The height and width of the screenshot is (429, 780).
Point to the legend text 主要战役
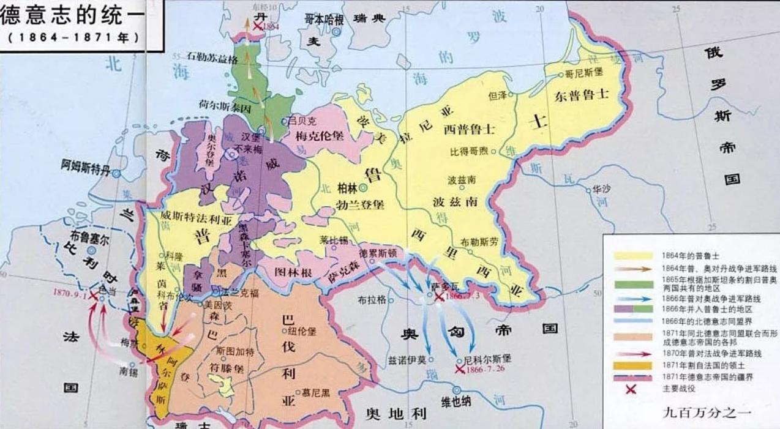click(680, 387)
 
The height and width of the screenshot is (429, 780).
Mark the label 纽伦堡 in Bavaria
click(305, 331)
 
